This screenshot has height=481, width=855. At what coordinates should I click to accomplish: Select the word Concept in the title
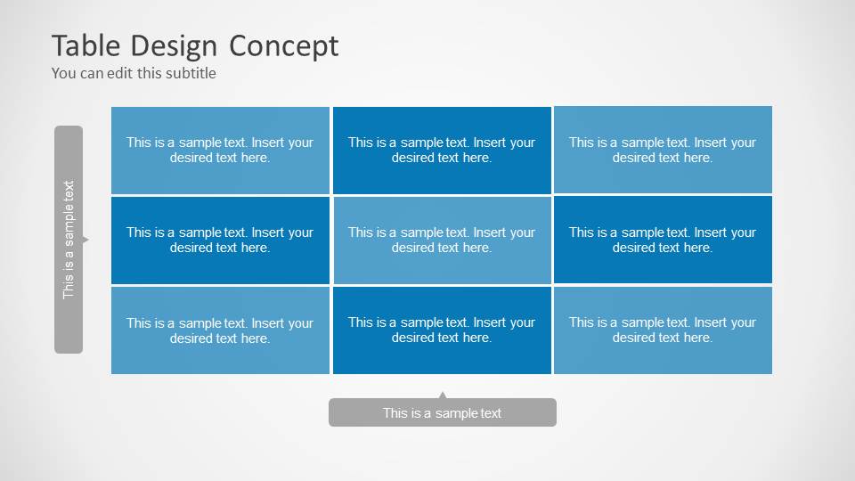(x=283, y=45)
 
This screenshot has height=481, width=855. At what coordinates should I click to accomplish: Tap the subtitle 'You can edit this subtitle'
(x=134, y=73)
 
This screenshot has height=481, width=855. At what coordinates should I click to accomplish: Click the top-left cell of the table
(x=220, y=150)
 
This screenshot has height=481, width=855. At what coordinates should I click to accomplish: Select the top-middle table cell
(x=442, y=150)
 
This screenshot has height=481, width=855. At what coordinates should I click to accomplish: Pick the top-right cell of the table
(x=663, y=150)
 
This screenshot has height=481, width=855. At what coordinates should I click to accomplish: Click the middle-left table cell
(x=220, y=240)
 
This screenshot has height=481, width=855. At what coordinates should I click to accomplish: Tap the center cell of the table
(x=442, y=240)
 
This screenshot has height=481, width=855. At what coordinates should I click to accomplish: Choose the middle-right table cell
(x=663, y=240)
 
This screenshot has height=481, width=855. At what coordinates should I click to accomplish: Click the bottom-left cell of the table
(x=220, y=330)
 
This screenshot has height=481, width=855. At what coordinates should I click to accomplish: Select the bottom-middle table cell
(x=442, y=330)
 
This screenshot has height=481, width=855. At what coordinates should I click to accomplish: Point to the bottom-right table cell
(x=663, y=330)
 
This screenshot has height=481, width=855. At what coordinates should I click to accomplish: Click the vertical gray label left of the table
(x=69, y=240)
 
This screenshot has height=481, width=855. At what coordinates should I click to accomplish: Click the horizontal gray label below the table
(x=443, y=412)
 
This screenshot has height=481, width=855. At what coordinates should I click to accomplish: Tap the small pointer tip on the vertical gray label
(x=85, y=240)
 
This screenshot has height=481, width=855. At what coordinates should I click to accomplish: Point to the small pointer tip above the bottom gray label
(x=443, y=395)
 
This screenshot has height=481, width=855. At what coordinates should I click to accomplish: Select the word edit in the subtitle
(x=120, y=73)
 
